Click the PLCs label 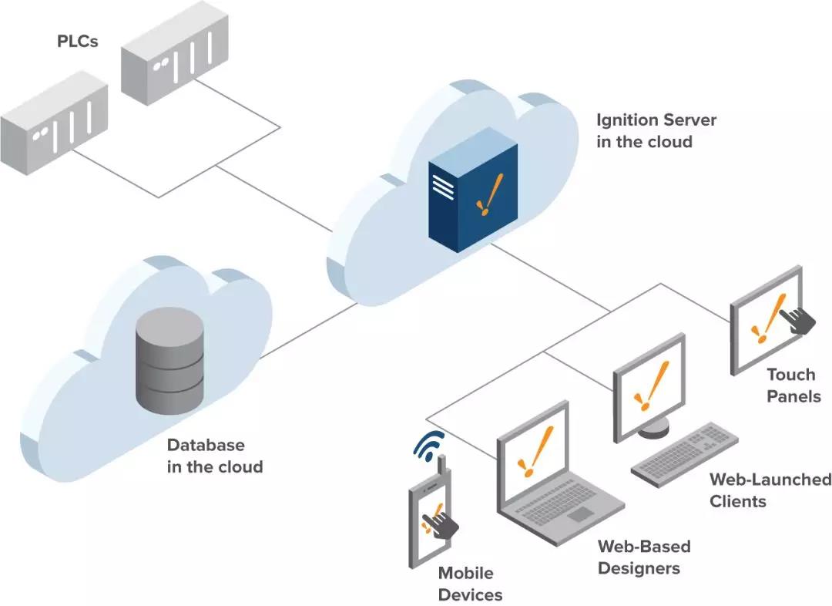78,41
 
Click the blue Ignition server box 473,190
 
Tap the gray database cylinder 169,360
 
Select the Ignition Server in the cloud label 656,130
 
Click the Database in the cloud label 215,456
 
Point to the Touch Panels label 793,385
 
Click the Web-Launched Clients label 770,490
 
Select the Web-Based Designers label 644,557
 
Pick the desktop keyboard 685,454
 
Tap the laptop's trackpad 581,514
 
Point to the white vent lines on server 443,187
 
